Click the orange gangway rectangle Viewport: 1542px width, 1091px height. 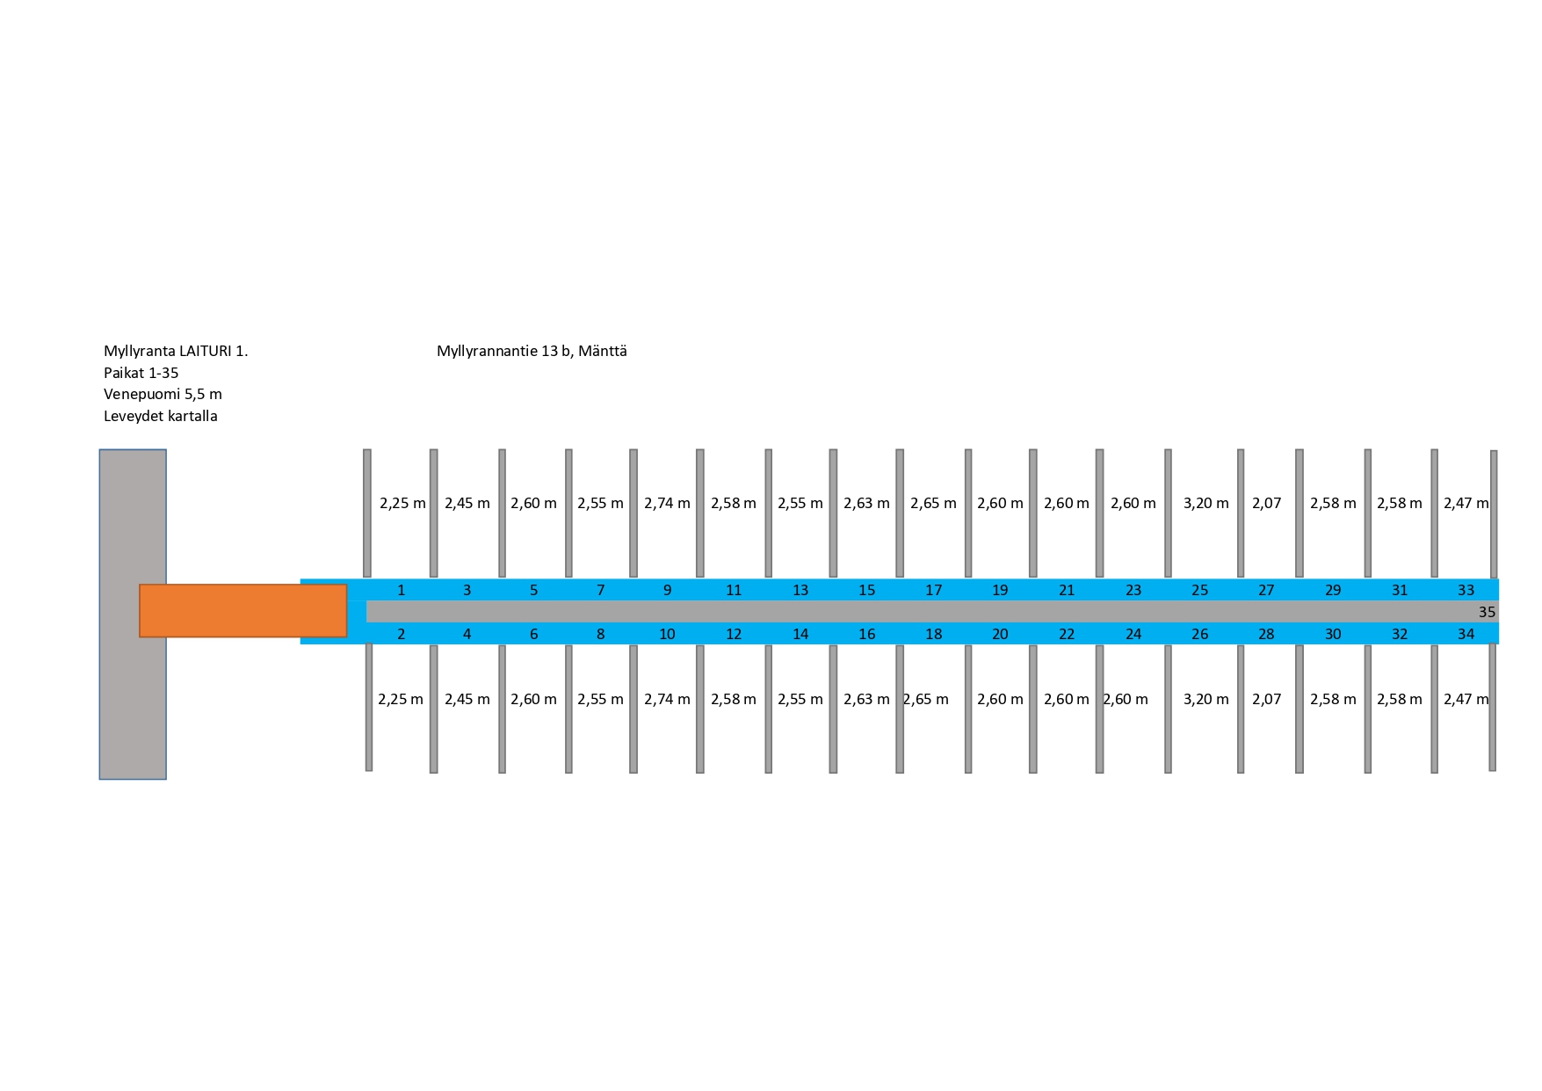pos(243,610)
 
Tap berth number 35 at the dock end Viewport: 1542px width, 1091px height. pos(1487,612)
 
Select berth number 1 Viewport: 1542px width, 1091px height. pos(402,590)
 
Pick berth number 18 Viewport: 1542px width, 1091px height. pos(933,634)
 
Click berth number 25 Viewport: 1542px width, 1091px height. pos(1199,590)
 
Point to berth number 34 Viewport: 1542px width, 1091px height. pos(1466,634)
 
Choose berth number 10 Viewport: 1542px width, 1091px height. pos(667,634)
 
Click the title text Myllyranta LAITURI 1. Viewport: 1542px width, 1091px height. pos(176,351)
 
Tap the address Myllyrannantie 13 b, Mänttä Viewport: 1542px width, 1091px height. pos(532,351)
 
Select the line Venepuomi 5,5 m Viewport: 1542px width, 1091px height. pos(163,394)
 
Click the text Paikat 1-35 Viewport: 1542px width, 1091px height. pos(141,373)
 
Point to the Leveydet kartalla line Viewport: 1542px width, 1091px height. pos(160,416)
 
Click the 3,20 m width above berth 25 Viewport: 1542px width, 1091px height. pos(1205,503)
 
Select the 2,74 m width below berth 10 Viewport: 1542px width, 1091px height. pos(667,699)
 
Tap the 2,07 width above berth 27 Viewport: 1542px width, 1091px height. pos(1266,503)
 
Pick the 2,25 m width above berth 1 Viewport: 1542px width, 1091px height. pos(402,503)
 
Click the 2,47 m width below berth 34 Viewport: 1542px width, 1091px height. pos(1466,699)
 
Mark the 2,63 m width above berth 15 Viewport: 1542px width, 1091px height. pos(866,503)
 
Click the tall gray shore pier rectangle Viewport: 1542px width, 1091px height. pos(133,615)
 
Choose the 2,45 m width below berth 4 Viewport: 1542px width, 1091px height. pos(467,699)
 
